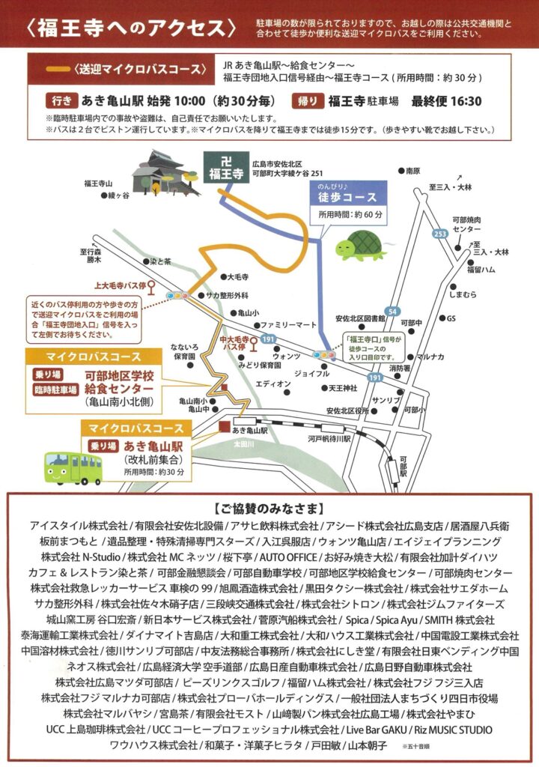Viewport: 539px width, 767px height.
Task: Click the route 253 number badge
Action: (x=441, y=234)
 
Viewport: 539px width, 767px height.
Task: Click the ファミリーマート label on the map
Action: (x=290, y=325)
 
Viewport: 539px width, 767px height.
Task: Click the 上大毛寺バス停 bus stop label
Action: (x=118, y=285)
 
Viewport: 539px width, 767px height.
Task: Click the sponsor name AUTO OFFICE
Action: (x=287, y=557)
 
